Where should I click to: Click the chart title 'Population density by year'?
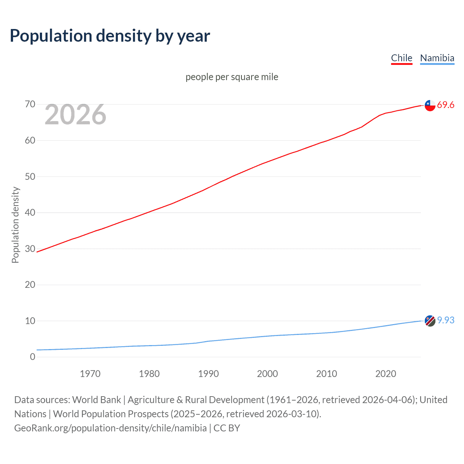click(x=110, y=36)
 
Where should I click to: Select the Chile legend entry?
click(x=401, y=58)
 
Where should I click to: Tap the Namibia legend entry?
click(x=437, y=58)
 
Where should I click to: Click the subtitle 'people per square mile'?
click(x=232, y=77)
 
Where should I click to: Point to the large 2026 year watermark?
click(x=75, y=115)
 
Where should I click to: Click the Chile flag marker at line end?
click(x=430, y=105)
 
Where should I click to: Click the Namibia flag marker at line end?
click(x=430, y=321)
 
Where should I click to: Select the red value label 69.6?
click(x=446, y=105)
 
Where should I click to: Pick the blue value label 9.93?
click(x=446, y=320)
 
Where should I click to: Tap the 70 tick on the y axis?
click(x=30, y=104)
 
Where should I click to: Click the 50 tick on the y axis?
click(x=30, y=177)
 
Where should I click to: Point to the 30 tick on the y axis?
click(x=30, y=249)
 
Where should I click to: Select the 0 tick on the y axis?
click(x=33, y=357)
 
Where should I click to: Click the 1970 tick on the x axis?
click(x=90, y=374)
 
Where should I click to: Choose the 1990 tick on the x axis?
click(x=208, y=374)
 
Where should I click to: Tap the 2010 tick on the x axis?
click(x=327, y=374)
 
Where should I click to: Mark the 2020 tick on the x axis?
click(x=386, y=374)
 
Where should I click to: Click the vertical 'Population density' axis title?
click(x=15, y=225)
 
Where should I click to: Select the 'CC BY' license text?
click(x=227, y=428)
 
